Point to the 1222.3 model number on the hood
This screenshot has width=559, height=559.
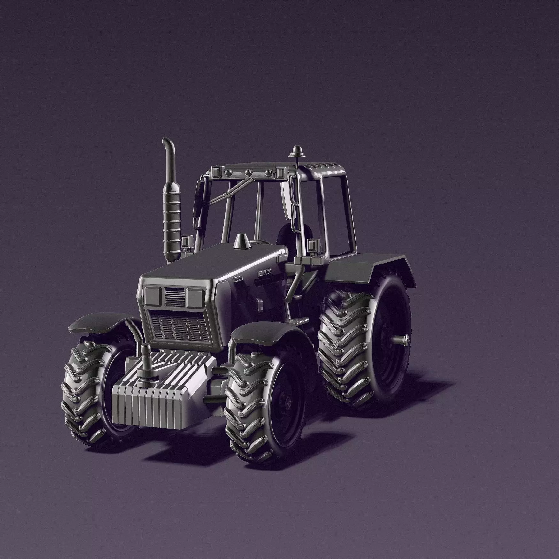tap(237, 278)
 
